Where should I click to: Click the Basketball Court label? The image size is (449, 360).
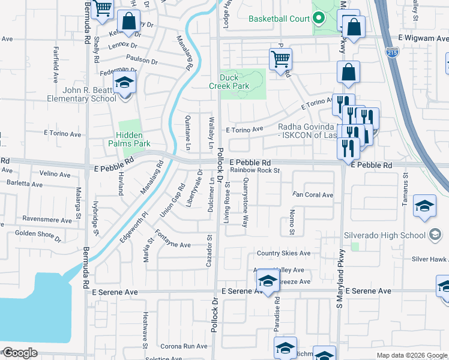(x=280, y=18)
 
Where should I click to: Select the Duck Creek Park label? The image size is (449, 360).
(x=238, y=82)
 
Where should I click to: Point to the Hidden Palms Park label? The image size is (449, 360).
(x=129, y=140)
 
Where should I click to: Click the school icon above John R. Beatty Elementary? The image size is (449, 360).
(x=124, y=83)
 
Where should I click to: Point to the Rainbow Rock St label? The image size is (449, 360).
(x=256, y=170)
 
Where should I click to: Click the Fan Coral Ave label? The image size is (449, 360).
(x=313, y=195)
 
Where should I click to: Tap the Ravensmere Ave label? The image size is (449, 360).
(x=43, y=219)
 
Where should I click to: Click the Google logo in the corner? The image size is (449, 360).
(x=19, y=353)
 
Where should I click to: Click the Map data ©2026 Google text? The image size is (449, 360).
(x=411, y=355)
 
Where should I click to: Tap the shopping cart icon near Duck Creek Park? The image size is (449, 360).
(x=280, y=60)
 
